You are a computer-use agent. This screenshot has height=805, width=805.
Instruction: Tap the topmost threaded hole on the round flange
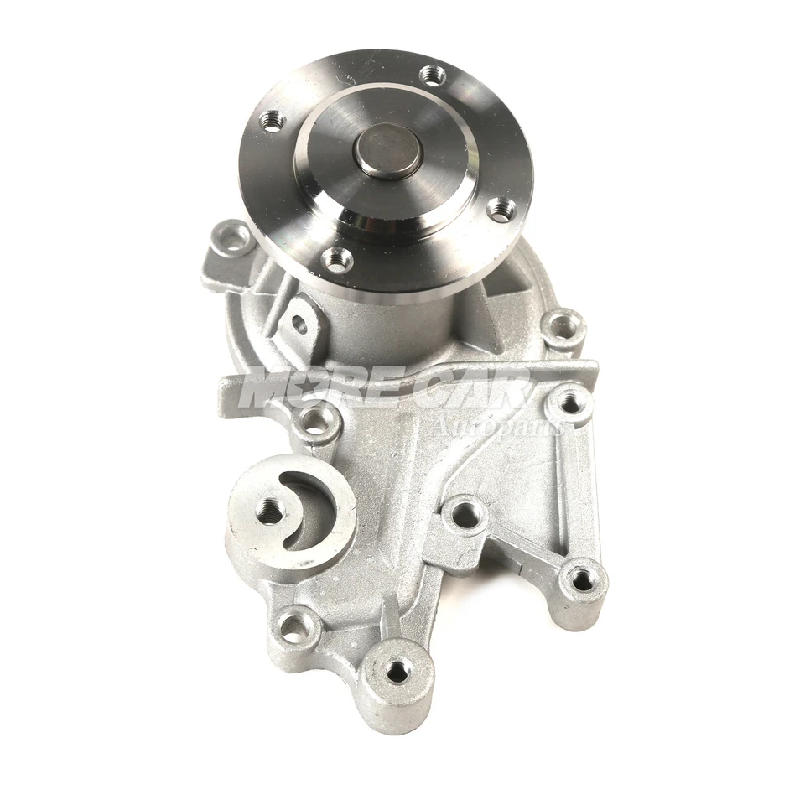click(433, 75)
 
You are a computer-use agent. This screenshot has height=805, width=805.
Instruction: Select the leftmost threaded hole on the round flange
click(273, 122)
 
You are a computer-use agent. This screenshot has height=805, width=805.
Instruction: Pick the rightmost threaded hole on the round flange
click(501, 209)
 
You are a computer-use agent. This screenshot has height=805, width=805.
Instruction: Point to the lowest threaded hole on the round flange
click(337, 260)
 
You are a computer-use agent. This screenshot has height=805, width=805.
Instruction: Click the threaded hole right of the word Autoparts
click(570, 403)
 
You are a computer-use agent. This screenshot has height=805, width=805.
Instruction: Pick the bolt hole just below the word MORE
click(316, 422)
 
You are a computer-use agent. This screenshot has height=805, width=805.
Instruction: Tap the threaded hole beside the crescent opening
click(270, 511)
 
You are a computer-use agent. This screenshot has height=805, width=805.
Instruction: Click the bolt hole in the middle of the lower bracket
click(466, 516)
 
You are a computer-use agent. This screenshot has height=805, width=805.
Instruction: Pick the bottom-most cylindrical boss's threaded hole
click(397, 671)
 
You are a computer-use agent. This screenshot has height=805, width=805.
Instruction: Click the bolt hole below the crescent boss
click(295, 627)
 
